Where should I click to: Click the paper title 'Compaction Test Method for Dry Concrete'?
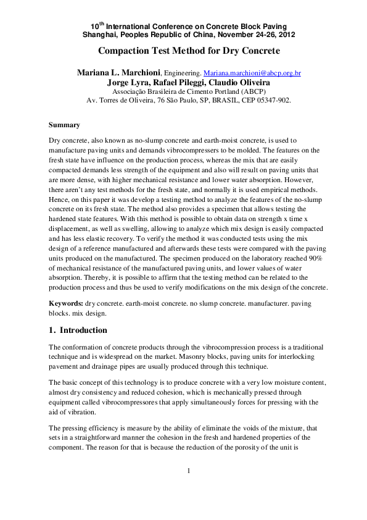pos(189,51)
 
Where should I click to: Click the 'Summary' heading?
pos(64,125)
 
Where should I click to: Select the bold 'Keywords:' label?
pos(66,304)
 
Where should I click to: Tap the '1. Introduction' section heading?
pos(78,330)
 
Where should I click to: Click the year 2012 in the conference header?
pos(284,35)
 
